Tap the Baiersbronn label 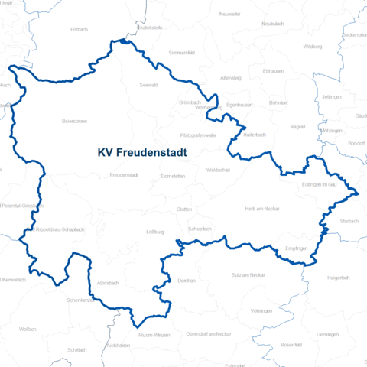point(75,121)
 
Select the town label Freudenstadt point(123,175)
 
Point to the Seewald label point(149,86)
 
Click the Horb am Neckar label point(261,208)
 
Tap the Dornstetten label point(174,176)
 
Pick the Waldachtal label point(219,171)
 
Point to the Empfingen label point(295,248)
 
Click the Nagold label point(297,127)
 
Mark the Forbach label point(79,29)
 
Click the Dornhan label point(186,281)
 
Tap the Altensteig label point(229,77)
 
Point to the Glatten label point(183,208)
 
